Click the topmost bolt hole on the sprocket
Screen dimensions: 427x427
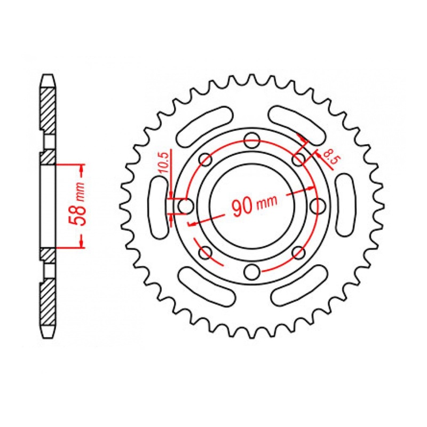(251, 142)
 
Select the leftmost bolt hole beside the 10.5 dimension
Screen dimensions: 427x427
(185, 205)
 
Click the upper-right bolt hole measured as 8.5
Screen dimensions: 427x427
(298, 159)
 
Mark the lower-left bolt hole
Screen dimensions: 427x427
(205, 252)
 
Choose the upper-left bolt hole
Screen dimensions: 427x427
(205, 159)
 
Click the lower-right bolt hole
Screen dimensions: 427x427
(298, 252)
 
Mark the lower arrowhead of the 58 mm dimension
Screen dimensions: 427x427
(81, 242)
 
